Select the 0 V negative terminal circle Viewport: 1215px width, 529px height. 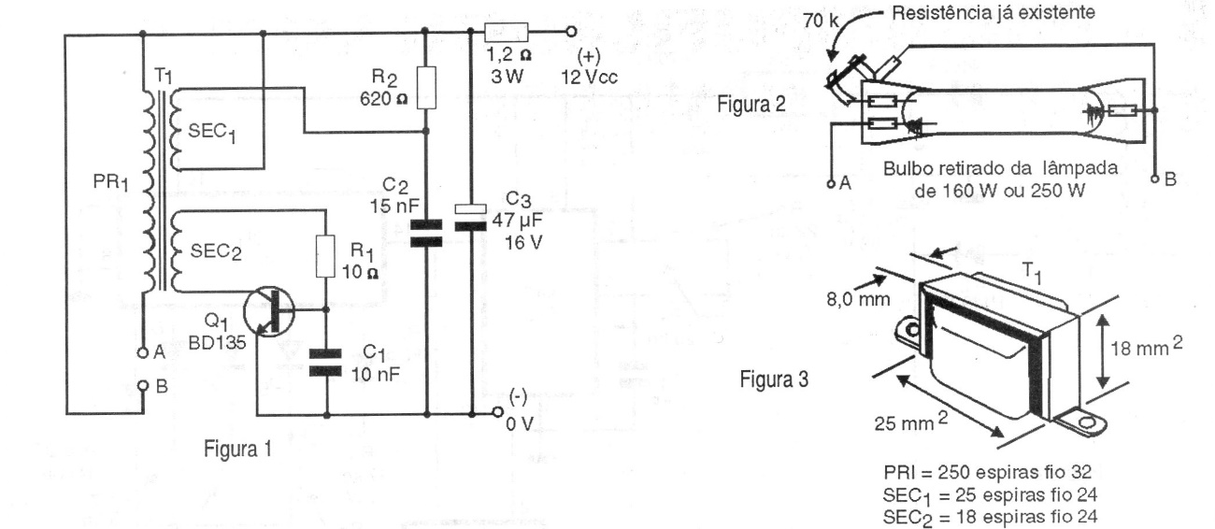point(497,412)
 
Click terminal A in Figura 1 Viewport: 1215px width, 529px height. point(143,352)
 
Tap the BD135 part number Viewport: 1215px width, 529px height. point(225,342)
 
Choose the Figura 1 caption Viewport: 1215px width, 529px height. point(237,449)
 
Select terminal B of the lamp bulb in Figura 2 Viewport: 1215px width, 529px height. point(1156,178)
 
